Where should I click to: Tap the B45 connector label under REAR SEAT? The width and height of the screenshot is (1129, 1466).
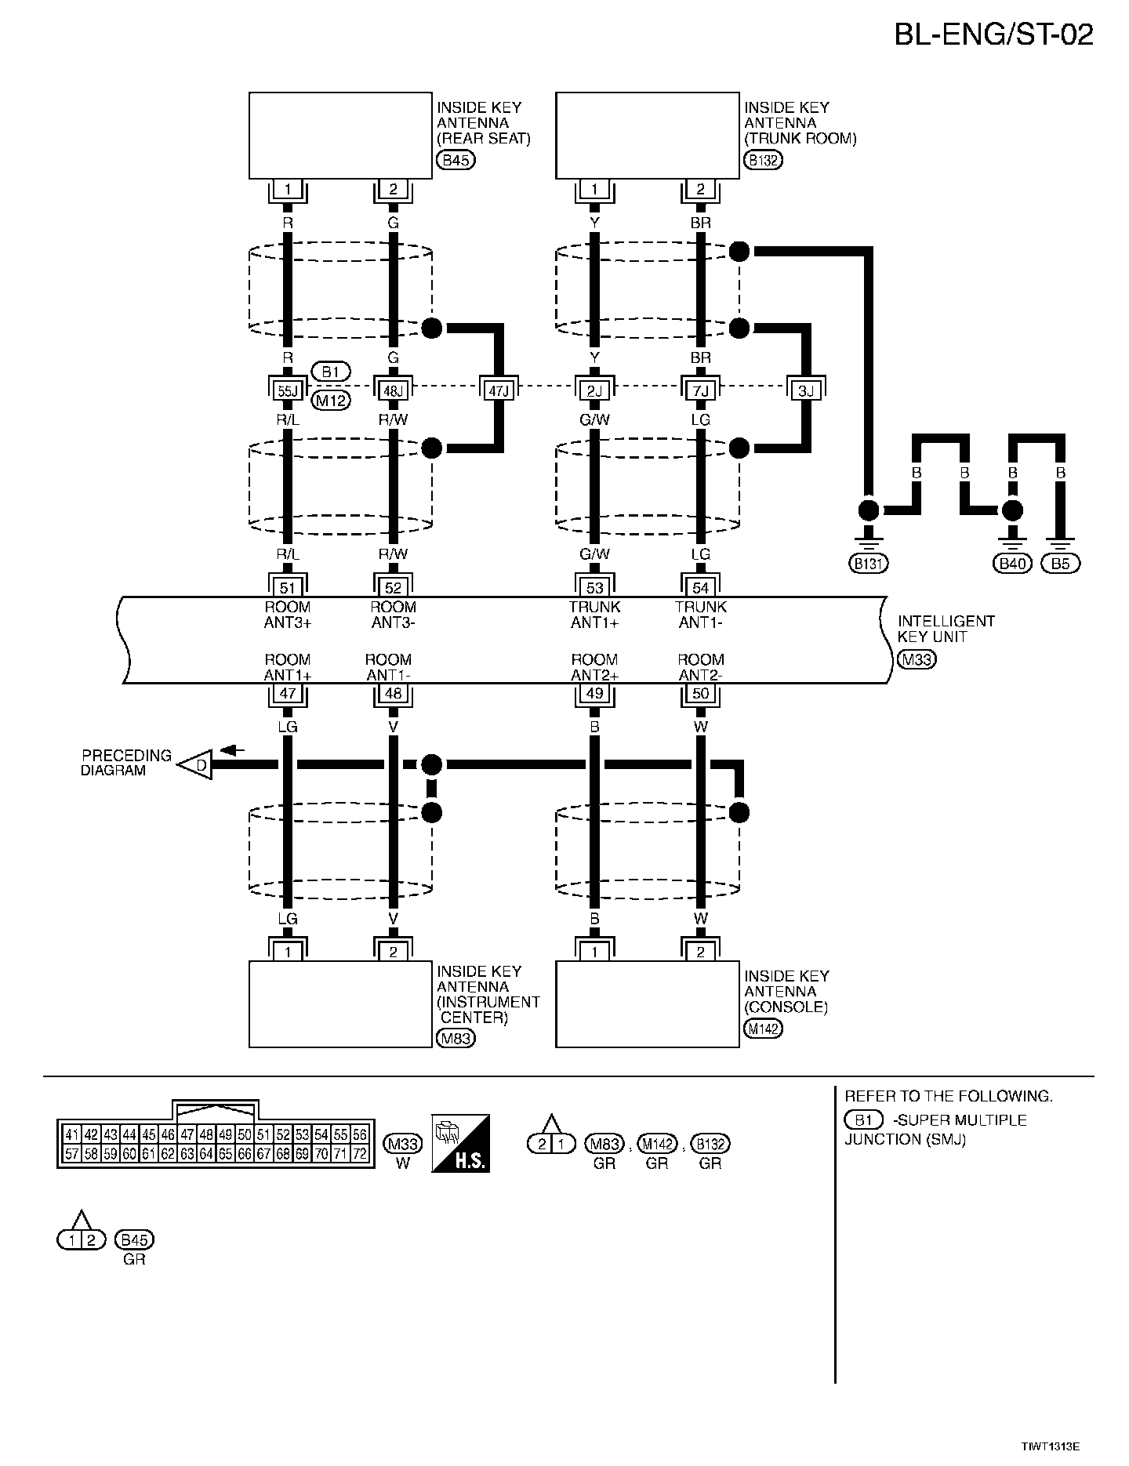tap(456, 161)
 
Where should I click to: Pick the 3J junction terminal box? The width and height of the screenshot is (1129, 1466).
tap(805, 389)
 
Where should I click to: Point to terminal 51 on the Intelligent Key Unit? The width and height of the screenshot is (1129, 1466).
tap(288, 588)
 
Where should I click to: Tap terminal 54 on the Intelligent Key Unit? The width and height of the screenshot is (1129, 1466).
tap(700, 588)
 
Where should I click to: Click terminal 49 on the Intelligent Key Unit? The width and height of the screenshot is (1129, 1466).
tap(594, 693)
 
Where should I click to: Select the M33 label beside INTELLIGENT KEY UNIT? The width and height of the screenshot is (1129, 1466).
tap(917, 659)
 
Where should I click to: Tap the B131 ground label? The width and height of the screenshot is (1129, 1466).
tap(869, 563)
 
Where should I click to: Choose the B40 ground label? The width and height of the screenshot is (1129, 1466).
tap(1012, 563)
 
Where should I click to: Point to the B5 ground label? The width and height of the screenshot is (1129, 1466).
tap(1060, 563)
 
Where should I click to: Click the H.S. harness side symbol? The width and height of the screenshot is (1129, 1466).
tap(461, 1144)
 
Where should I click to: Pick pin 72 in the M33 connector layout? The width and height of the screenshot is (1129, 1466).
tap(360, 1154)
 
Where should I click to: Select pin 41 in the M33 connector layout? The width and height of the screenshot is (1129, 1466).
tap(71, 1134)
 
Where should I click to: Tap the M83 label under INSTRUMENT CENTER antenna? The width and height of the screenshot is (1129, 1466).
tap(456, 1039)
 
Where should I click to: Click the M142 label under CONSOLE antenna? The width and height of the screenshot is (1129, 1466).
tap(763, 1029)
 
